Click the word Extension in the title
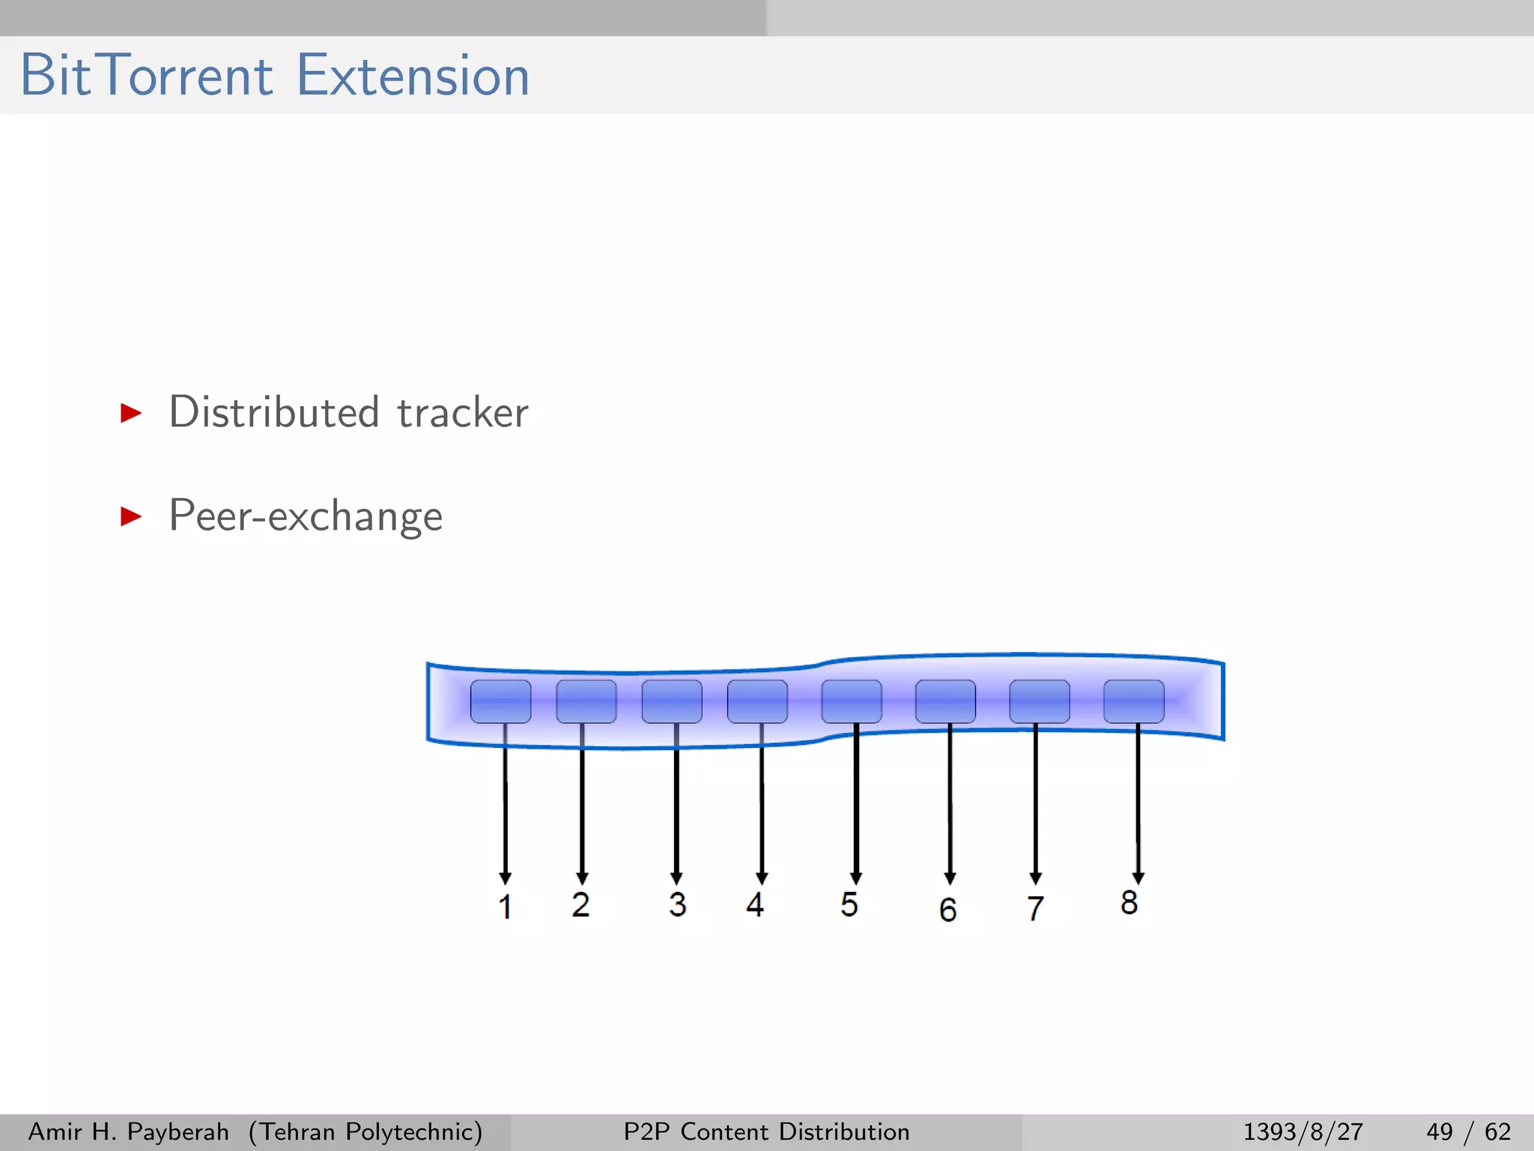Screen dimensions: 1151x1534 click(x=413, y=76)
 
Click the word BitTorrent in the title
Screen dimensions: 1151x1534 click(x=147, y=76)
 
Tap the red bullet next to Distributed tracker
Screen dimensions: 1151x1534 click(x=131, y=413)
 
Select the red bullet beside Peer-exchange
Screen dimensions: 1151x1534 click(x=131, y=516)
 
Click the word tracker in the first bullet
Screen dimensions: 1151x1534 click(x=462, y=413)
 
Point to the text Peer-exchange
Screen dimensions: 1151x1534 click(x=306, y=516)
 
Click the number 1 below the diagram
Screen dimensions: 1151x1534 click(x=506, y=907)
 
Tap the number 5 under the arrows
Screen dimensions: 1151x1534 click(x=849, y=904)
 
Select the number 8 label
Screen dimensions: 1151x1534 click(x=1129, y=902)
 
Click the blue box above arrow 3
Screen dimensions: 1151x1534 click(x=672, y=701)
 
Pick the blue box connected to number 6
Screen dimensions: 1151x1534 click(x=945, y=701)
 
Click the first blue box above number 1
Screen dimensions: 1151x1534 click(x=500, y=701)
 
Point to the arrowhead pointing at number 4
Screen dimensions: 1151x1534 click(x=762, y=878)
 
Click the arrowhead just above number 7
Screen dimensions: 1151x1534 click(x=1036, y=878)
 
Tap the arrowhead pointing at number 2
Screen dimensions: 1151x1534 click(x=582, y=878)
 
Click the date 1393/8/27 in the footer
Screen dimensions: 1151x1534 click(x=1303, y=1132)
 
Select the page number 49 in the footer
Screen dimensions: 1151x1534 click(x=1439, y=1132)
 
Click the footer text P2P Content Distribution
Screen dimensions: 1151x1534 click(x=766, y=1132)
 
